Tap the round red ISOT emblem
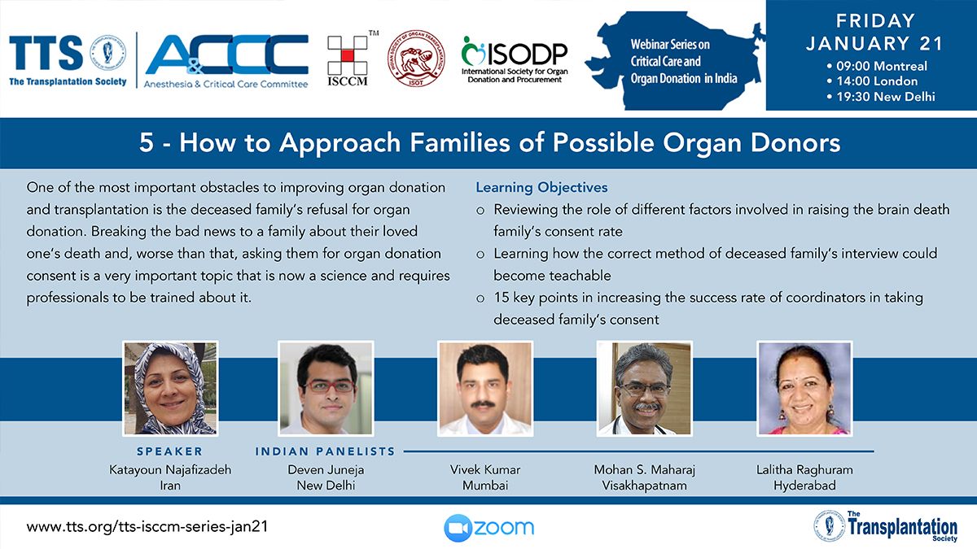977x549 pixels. (416, 59)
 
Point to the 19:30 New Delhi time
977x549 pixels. (881, 96)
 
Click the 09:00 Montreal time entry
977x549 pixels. (877, 66)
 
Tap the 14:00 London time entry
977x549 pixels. (872, 81)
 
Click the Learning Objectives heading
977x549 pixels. (541, 187)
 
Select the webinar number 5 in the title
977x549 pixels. (146, 142)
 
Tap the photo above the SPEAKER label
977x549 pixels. (170, 388)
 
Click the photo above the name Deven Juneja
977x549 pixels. (326, 388)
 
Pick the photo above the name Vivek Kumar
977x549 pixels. (485, 388)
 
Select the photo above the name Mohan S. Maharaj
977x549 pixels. (644, 388)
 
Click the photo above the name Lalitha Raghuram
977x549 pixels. (804, 388)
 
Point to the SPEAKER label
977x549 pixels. (170, 451)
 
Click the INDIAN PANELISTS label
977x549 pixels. (326, 451)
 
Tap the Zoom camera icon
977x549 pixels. (458, 528)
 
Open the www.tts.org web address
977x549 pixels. (147, 527)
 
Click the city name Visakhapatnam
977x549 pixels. (644, 486)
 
